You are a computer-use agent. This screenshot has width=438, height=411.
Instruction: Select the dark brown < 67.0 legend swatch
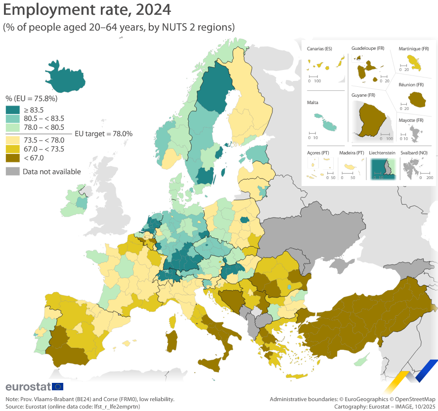point(12,158)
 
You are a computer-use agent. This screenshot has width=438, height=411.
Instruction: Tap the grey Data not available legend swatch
point(12,172)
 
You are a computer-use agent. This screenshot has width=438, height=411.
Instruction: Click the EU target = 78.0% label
point(103,133)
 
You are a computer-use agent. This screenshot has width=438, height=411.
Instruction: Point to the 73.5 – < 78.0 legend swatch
point(12,140)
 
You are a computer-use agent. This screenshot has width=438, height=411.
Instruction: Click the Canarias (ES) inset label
point(319,49)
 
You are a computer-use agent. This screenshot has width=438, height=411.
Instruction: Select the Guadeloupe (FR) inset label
point(368,48)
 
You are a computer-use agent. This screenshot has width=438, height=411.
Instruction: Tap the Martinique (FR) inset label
point(414,49)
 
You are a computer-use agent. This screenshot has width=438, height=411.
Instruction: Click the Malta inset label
point(312,103)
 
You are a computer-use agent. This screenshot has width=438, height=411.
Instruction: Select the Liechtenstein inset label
point(382,153)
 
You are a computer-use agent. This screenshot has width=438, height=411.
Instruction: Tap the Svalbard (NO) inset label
point(414,153)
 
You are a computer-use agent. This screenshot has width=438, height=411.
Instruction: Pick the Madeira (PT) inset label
point(352,153)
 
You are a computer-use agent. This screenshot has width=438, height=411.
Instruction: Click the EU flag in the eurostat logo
point(57,386)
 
